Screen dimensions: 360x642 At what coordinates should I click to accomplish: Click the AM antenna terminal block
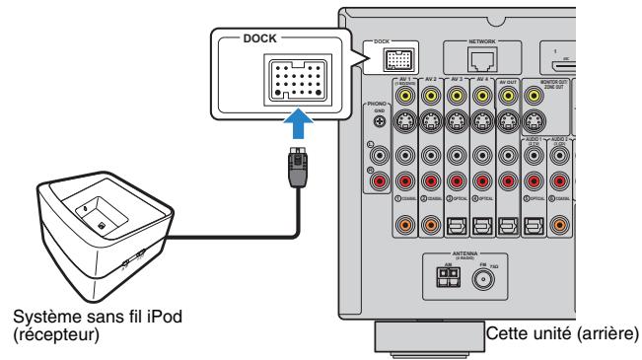447,279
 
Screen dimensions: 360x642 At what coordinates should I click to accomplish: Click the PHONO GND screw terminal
380,121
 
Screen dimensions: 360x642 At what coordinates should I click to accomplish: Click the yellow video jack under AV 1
405,97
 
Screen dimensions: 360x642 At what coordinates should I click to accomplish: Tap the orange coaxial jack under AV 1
405,226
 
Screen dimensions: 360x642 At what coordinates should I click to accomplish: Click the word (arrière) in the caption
610,336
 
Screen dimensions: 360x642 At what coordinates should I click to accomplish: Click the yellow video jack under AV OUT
509,97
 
